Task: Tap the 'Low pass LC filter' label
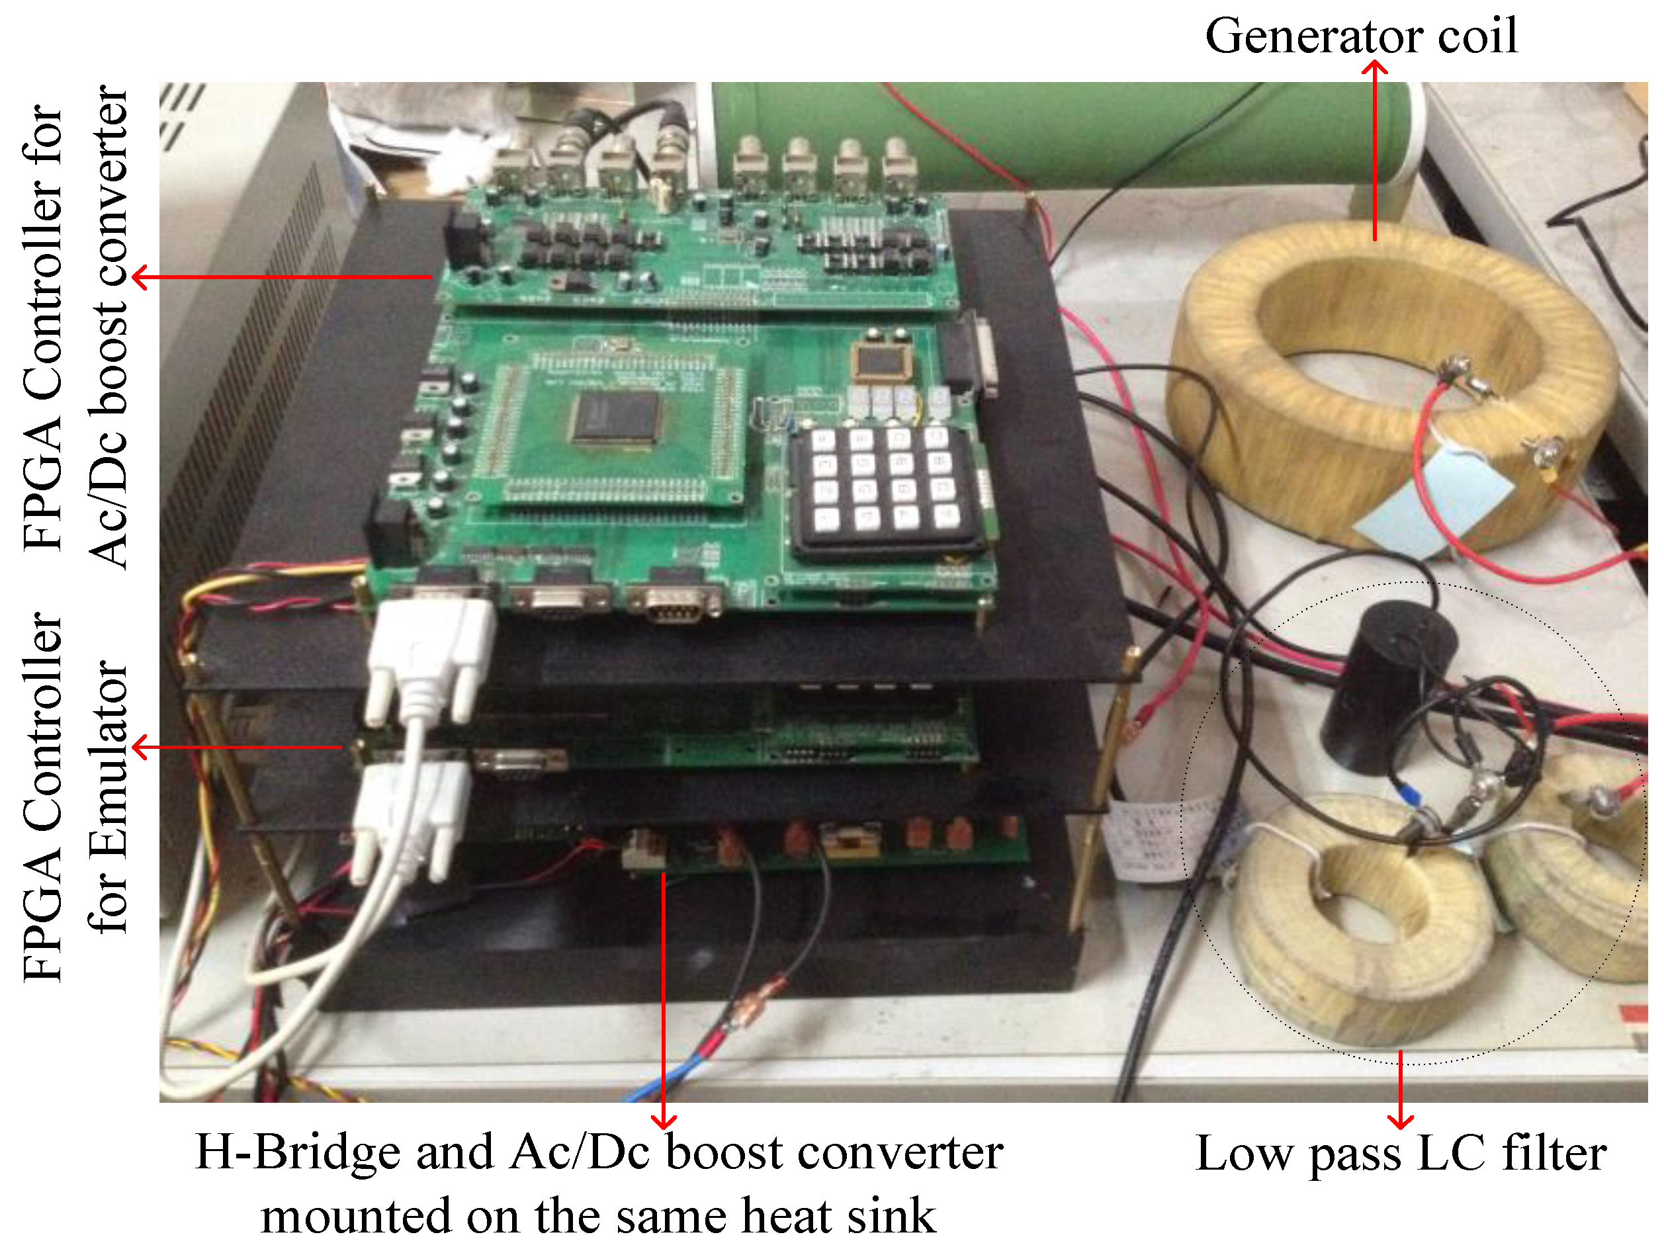point(1401,1153)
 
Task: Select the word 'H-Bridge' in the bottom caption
point(297,1151)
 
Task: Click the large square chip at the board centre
point(615,418)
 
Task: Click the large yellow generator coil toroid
point(1391,384)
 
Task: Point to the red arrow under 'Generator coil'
point(1375,150)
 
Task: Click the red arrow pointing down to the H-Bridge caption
point(664,1000)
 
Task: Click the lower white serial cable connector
point(410,820)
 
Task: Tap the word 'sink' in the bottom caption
point(891,1215)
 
